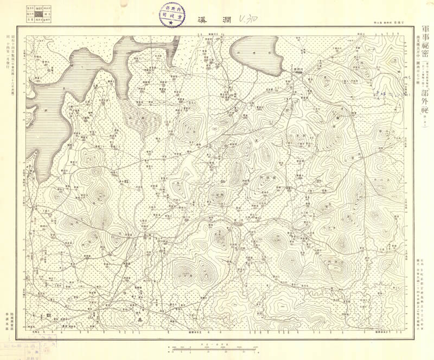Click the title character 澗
(x=223, y=21)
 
